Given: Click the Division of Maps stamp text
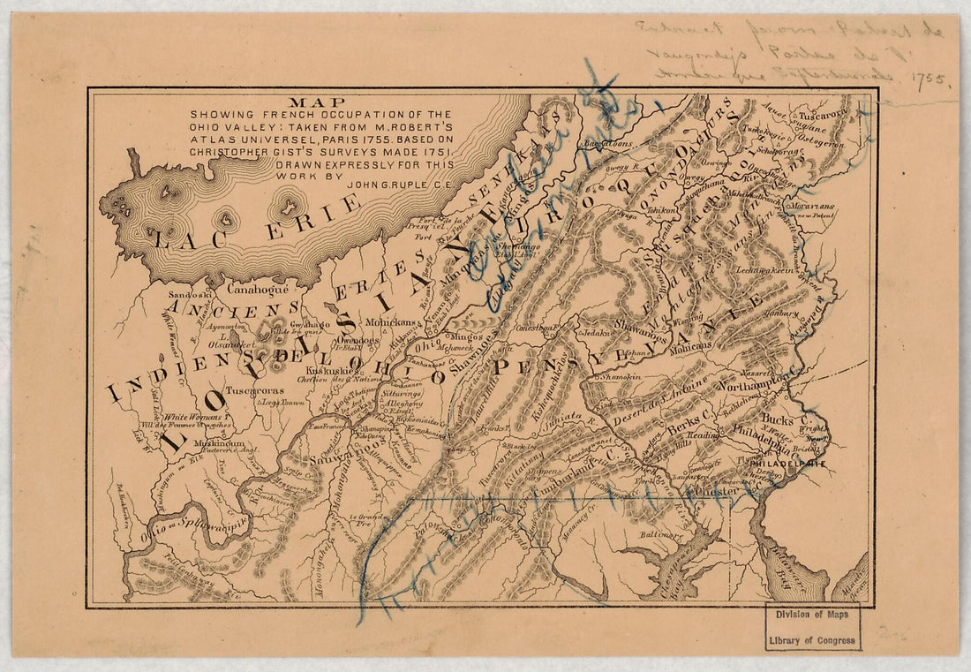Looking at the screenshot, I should tap(812, 617).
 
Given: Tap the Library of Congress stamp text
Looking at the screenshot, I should tap(812, 638).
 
